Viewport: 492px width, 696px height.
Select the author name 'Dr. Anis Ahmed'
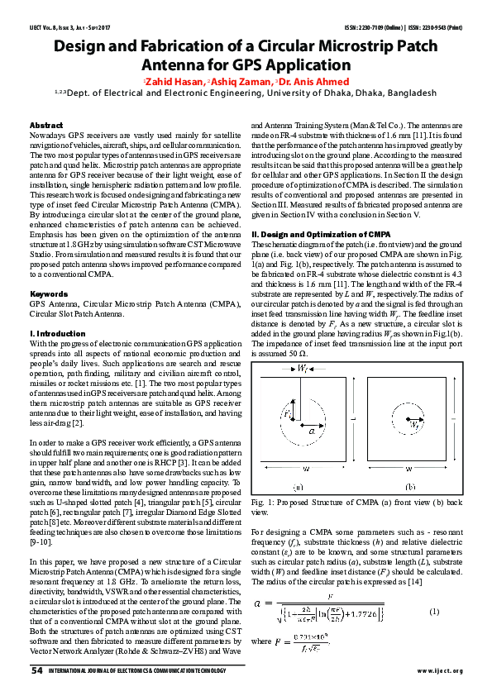point(313,82)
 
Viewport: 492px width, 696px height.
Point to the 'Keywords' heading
point(43,293)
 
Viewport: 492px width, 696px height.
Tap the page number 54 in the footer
point(36,670)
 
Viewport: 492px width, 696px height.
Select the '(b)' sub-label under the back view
point(412,486)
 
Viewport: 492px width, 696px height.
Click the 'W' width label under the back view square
point(411,474)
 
